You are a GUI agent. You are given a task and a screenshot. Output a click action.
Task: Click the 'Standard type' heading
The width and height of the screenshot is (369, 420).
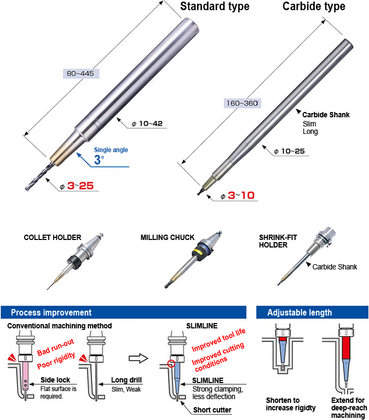pos(214,6)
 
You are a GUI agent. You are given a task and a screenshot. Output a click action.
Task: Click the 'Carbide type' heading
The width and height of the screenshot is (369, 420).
pos(314,6)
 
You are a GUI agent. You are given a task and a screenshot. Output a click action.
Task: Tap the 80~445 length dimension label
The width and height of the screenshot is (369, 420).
pos(80,73)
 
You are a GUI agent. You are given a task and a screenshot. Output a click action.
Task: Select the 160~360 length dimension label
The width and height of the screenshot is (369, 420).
pos(242,103)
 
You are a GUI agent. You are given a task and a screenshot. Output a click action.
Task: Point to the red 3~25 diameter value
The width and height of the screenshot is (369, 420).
pos(80,185)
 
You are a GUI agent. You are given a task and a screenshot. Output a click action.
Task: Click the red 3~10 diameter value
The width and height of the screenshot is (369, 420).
pos(241,195)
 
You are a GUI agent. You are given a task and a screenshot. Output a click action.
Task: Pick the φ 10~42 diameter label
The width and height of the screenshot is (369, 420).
pos(147,123)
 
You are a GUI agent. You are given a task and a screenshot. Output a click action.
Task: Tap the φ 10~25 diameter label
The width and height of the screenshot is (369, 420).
pos(289,151)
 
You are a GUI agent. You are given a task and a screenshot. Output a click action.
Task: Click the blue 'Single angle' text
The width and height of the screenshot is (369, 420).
pos(111,150)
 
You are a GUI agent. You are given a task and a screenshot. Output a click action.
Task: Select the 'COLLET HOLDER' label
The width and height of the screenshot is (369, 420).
pos(52,238)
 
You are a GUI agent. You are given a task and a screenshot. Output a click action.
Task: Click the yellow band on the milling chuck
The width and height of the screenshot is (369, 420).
pos(201,252)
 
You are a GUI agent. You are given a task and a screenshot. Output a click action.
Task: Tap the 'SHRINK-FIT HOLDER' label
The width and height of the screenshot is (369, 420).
pos(278,241)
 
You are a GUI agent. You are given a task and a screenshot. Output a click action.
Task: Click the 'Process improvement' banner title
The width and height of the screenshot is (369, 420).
pos(51,313)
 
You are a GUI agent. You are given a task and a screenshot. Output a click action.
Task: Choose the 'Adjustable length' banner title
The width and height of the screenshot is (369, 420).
pos(300,313)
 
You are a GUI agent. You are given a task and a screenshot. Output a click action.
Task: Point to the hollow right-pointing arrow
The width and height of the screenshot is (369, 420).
pos(138,358)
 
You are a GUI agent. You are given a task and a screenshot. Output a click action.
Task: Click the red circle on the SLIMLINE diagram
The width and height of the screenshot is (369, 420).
pos(171,363)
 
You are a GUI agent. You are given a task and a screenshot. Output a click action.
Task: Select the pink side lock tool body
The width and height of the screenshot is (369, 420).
pos(26,376)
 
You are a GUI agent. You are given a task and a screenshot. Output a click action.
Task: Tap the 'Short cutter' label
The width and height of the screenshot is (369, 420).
pos(212,410)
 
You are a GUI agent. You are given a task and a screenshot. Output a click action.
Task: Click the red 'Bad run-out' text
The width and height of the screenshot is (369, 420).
pos(56,347)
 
